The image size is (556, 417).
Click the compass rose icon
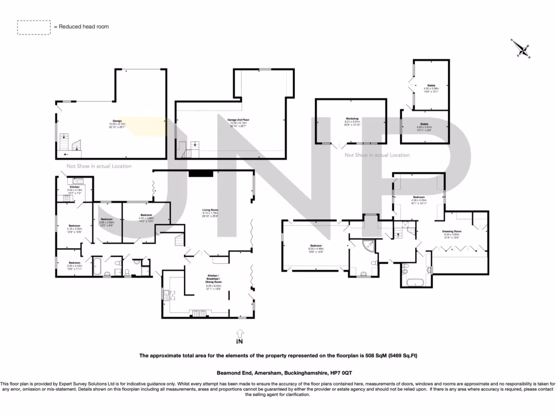(x=522, y=49)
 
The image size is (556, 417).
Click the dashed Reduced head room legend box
(x=34, y=27)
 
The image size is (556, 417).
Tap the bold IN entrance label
(x=239, y=342)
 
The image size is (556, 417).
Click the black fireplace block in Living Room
(x=201, y=173)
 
